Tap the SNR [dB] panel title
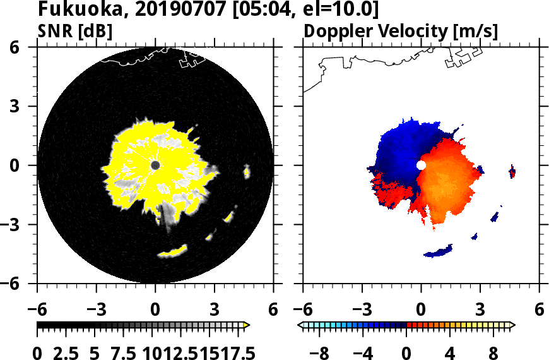click(x=75, y=31)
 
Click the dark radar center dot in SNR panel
click(x=155, y=165)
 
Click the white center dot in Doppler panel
click(x=421, y=165)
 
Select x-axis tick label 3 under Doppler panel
click(x=480, y=310)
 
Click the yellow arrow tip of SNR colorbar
click(x=247, y=325)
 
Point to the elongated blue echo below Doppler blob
click(x=439, y=251)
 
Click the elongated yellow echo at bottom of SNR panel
click(x=173, y=251)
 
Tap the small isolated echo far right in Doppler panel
click(x=512, y=171)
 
